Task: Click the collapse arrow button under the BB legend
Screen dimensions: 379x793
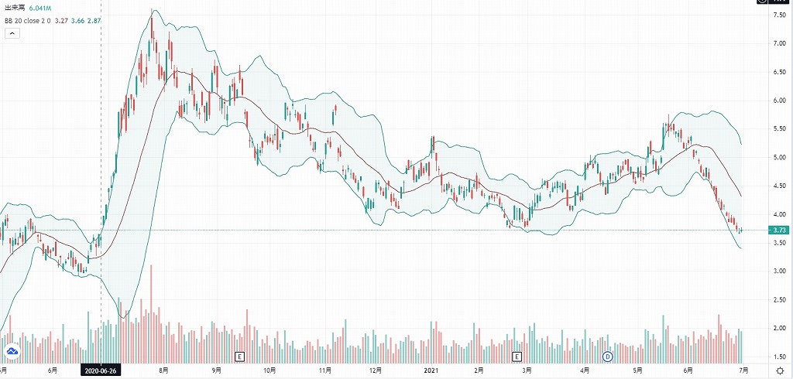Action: pos(12,33)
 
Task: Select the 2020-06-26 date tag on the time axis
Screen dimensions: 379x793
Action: pos(101,370)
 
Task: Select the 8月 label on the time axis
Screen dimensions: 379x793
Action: pos(163,370)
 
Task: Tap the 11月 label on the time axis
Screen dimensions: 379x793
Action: pos(325,370)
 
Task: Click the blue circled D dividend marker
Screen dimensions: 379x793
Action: pos(608,357)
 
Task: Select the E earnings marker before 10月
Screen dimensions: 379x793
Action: pos(240,357)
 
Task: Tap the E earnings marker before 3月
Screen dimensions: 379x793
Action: pos(518,357)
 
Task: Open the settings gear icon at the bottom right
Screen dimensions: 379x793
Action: pos(779,370)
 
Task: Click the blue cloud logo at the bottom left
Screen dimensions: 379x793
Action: pos(12,353)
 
